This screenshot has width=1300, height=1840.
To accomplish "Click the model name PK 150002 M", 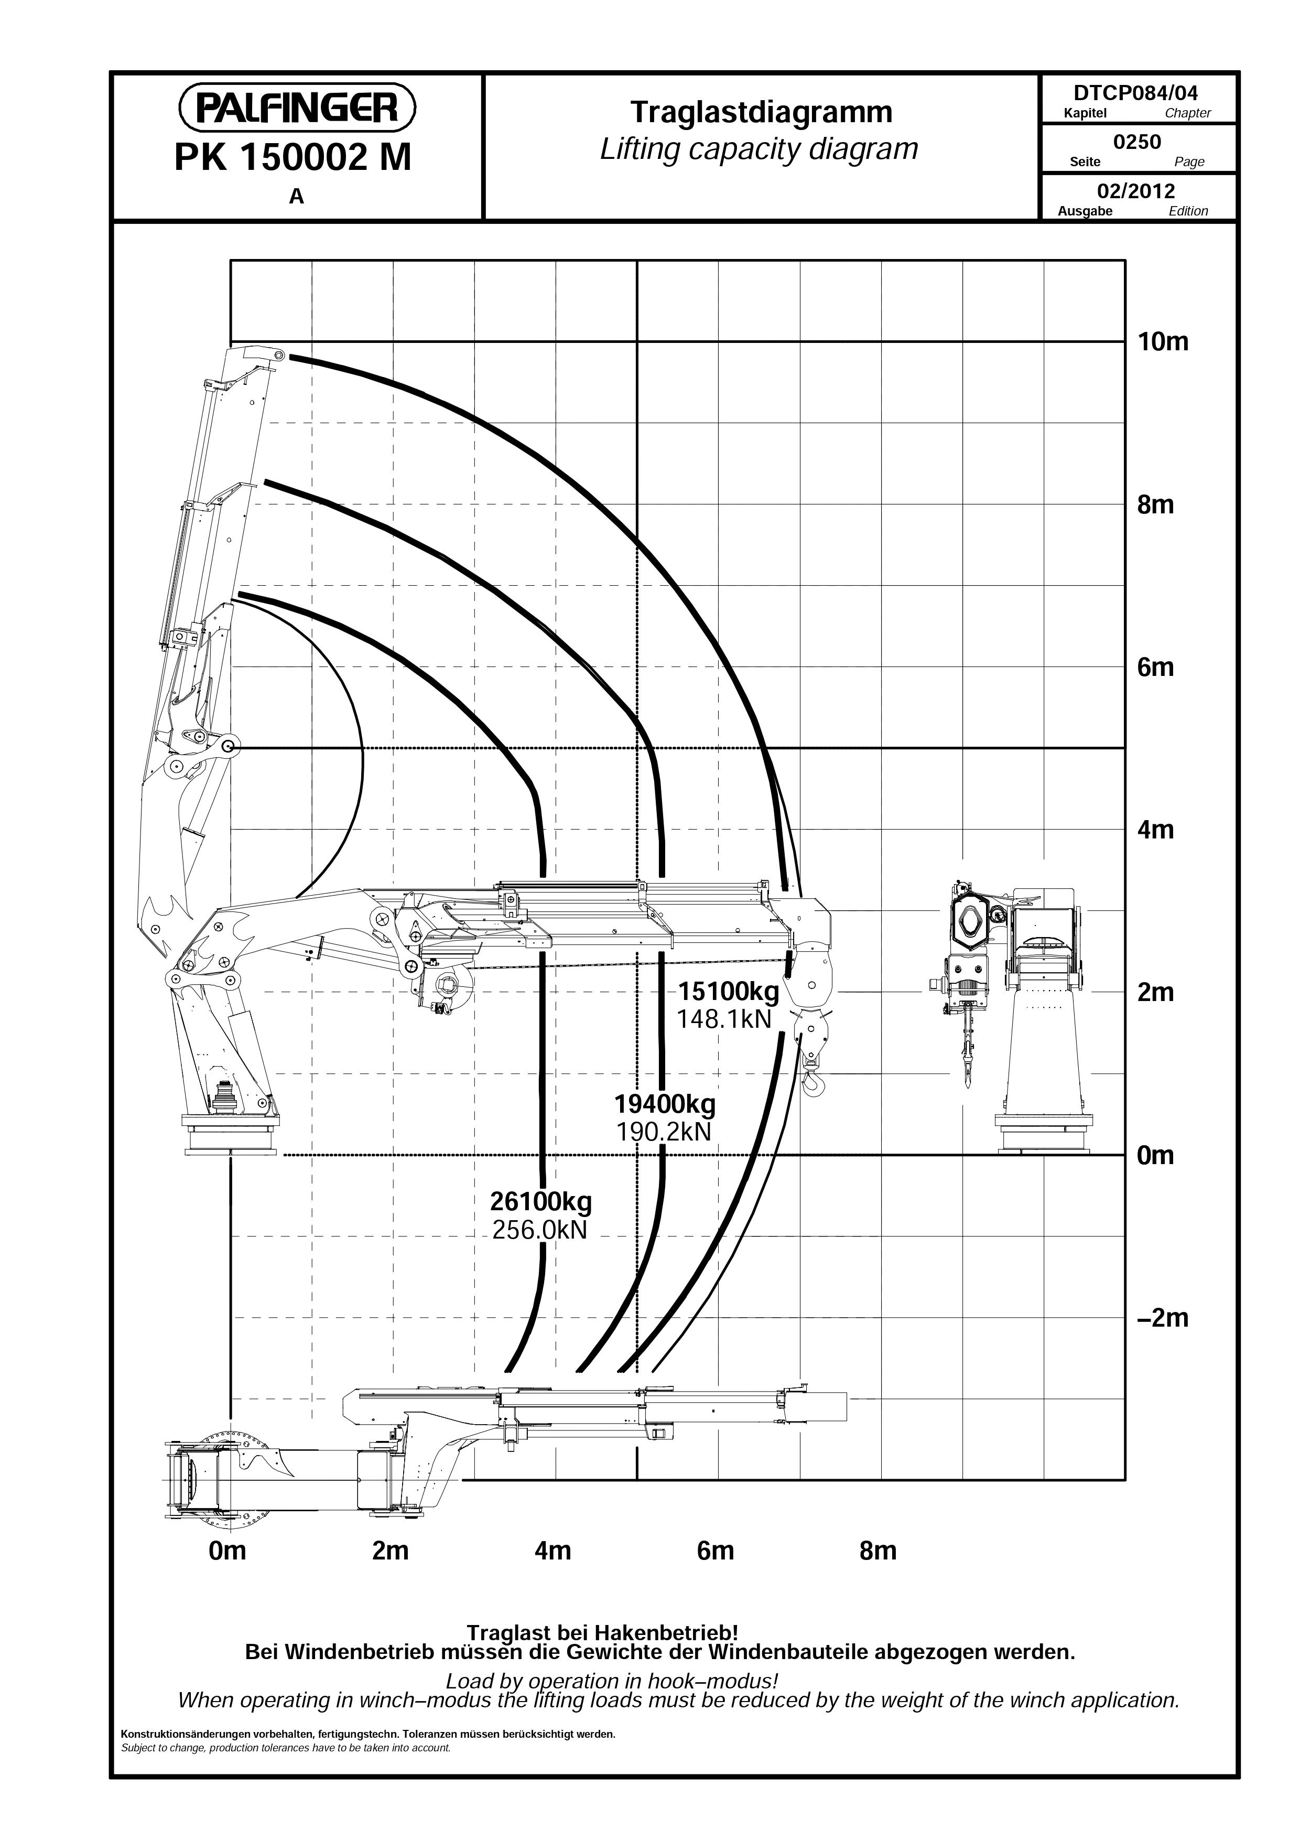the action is (x=292, y=158).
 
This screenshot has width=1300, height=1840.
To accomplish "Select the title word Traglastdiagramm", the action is (x=761, y=113).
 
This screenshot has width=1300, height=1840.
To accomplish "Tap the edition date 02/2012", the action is (x=1136, y=191).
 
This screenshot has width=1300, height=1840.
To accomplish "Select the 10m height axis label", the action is (x=1163, y=342).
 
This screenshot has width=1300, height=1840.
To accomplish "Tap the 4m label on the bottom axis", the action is (x=552, y=1551).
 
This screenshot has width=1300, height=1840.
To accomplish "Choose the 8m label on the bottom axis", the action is (x=878, y=1551).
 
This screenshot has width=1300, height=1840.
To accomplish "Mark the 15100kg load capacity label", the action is (x=729, y=992).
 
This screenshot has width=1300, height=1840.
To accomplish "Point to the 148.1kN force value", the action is (x=724, y=1019).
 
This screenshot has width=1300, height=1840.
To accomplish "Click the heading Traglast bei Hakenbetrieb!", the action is (x=602, y=1632).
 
